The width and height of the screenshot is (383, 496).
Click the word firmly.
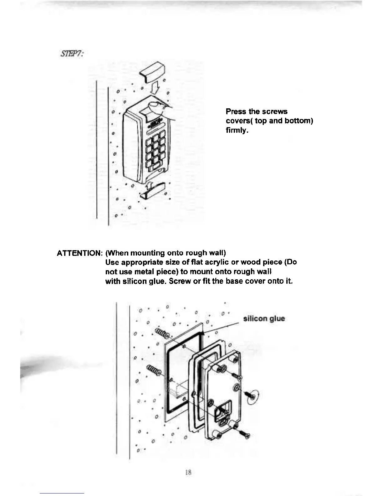237,130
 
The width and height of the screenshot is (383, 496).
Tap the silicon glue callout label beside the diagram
264,319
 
